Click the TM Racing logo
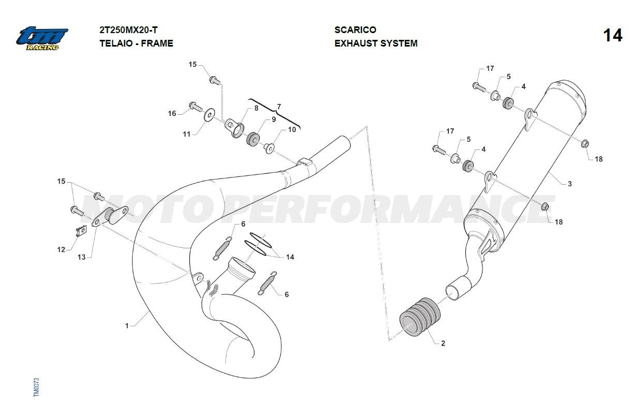pos(42,39)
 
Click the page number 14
pos(613,36)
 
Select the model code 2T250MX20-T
pos(128,30)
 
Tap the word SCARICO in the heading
pos(355,30)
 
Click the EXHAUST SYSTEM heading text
pos(376,43)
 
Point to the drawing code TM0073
pos(36,387)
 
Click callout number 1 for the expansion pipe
pos(127,326)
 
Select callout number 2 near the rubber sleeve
pos(443,344)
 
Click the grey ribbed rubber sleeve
pos(420,317)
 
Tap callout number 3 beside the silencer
pos(570,184)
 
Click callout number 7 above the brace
pos(279,107)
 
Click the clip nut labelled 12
pos(81,232)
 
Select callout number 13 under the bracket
pos(81,257)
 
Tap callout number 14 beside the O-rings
pos(290,257)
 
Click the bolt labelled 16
pos(195,107)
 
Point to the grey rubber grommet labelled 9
pos(253,139)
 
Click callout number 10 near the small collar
pos(292,130)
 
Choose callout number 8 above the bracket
pos(256,108)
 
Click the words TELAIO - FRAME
pos(136,43)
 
